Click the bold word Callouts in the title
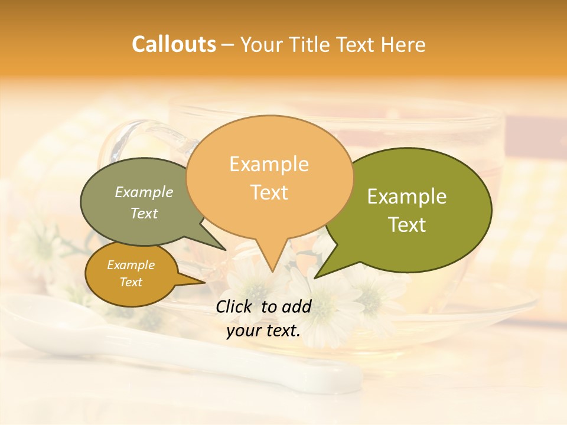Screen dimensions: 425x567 point(174,44)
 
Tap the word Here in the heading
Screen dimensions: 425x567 point(403,44)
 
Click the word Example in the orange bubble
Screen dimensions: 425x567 point(269,164)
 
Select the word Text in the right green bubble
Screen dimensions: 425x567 point(408,225)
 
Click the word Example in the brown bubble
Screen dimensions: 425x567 point(131,265)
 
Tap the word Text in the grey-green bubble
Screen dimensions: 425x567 point(144,214)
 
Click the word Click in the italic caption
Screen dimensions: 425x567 point(234,306)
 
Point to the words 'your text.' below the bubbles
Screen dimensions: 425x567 point(263,331)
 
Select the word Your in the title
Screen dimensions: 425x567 point(263,44)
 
